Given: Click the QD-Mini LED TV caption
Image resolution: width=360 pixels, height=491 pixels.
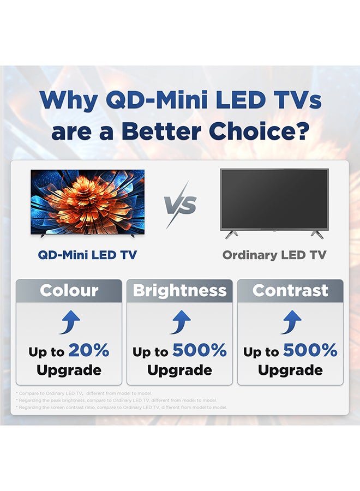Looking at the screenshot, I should point(87,255).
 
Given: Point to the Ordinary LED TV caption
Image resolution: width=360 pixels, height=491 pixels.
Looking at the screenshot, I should point(274,255).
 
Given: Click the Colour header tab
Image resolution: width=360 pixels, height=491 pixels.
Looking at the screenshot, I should point(69,290).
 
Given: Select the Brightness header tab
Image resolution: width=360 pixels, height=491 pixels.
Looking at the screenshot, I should point(179,290).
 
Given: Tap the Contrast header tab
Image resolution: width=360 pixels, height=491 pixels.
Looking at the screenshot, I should point(290,290).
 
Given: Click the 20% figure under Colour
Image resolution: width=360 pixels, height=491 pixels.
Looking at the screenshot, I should point(89,351).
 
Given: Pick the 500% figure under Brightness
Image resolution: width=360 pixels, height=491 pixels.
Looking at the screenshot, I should point(200,351).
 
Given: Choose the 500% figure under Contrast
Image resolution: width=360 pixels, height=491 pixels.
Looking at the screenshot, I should point(310,351).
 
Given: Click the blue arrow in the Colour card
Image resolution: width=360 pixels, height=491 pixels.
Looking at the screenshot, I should point(69,322).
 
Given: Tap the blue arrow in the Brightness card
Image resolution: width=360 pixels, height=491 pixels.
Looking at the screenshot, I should point(180,322).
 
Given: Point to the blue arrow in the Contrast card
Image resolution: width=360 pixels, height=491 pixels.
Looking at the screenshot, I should point(291,322).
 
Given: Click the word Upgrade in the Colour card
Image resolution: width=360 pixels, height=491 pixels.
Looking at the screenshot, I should point(69,370).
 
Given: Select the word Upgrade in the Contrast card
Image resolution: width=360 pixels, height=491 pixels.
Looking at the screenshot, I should point(290,370).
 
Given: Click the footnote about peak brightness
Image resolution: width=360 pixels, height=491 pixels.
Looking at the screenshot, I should point(117,400).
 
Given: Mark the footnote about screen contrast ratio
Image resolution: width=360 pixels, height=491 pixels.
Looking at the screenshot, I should point(122,407).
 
